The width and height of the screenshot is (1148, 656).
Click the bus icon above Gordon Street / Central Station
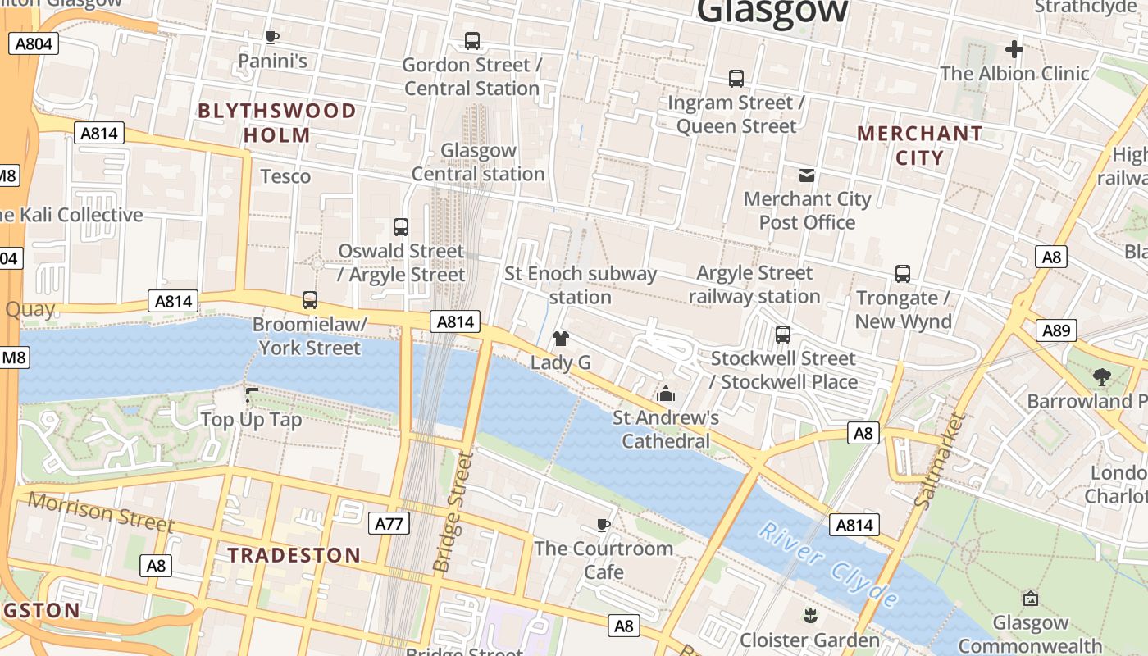point(471,40)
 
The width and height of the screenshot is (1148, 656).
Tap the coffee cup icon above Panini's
point(272,37)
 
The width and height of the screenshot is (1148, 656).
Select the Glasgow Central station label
point(478,162)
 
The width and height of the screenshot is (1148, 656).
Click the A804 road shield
point(34,43)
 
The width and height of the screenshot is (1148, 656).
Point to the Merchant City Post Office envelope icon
point(807,175)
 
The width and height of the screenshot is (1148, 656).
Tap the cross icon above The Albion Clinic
point(1014,49)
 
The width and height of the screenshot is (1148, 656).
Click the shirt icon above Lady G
point(561,338)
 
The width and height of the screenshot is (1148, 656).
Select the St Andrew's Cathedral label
point(666,430)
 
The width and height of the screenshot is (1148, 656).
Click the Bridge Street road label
point(453,512)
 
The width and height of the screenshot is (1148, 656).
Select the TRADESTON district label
point(294,555)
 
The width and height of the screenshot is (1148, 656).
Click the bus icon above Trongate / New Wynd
point(903,273)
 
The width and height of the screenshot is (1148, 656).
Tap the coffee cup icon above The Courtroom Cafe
point(604,525)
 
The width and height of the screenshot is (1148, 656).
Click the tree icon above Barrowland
point(1101,377)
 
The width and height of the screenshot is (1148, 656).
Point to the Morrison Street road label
point(100,512)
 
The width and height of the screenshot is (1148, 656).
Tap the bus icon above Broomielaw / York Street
point(309,300)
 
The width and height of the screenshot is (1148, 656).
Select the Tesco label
point(285,176)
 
